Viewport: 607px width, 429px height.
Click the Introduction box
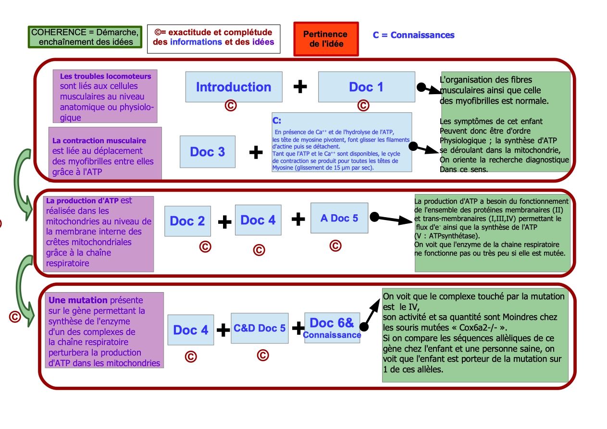point(234,87)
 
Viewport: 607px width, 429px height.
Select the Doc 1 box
point(366,87)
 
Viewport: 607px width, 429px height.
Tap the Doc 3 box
point(207,152)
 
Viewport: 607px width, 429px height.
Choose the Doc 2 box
point(187,221)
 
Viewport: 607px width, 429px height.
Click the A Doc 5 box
point(339,218)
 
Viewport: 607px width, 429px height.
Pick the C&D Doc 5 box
point(260,329)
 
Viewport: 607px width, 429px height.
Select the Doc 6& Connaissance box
point(332,328)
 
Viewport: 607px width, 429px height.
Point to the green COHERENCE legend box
point(85,37)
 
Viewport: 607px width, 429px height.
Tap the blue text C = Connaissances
point(413,35)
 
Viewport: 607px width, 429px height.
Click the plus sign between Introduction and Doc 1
point(300,86)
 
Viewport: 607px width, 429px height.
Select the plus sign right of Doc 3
point(256,152)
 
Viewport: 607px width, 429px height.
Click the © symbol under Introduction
point(230,106)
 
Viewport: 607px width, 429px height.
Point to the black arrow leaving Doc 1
point(429,89)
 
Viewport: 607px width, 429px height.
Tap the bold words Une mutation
point(78,300)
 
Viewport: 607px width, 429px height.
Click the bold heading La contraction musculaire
point(99,141)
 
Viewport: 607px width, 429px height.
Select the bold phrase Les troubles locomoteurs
point(105,76)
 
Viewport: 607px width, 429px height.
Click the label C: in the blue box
point(277,121)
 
